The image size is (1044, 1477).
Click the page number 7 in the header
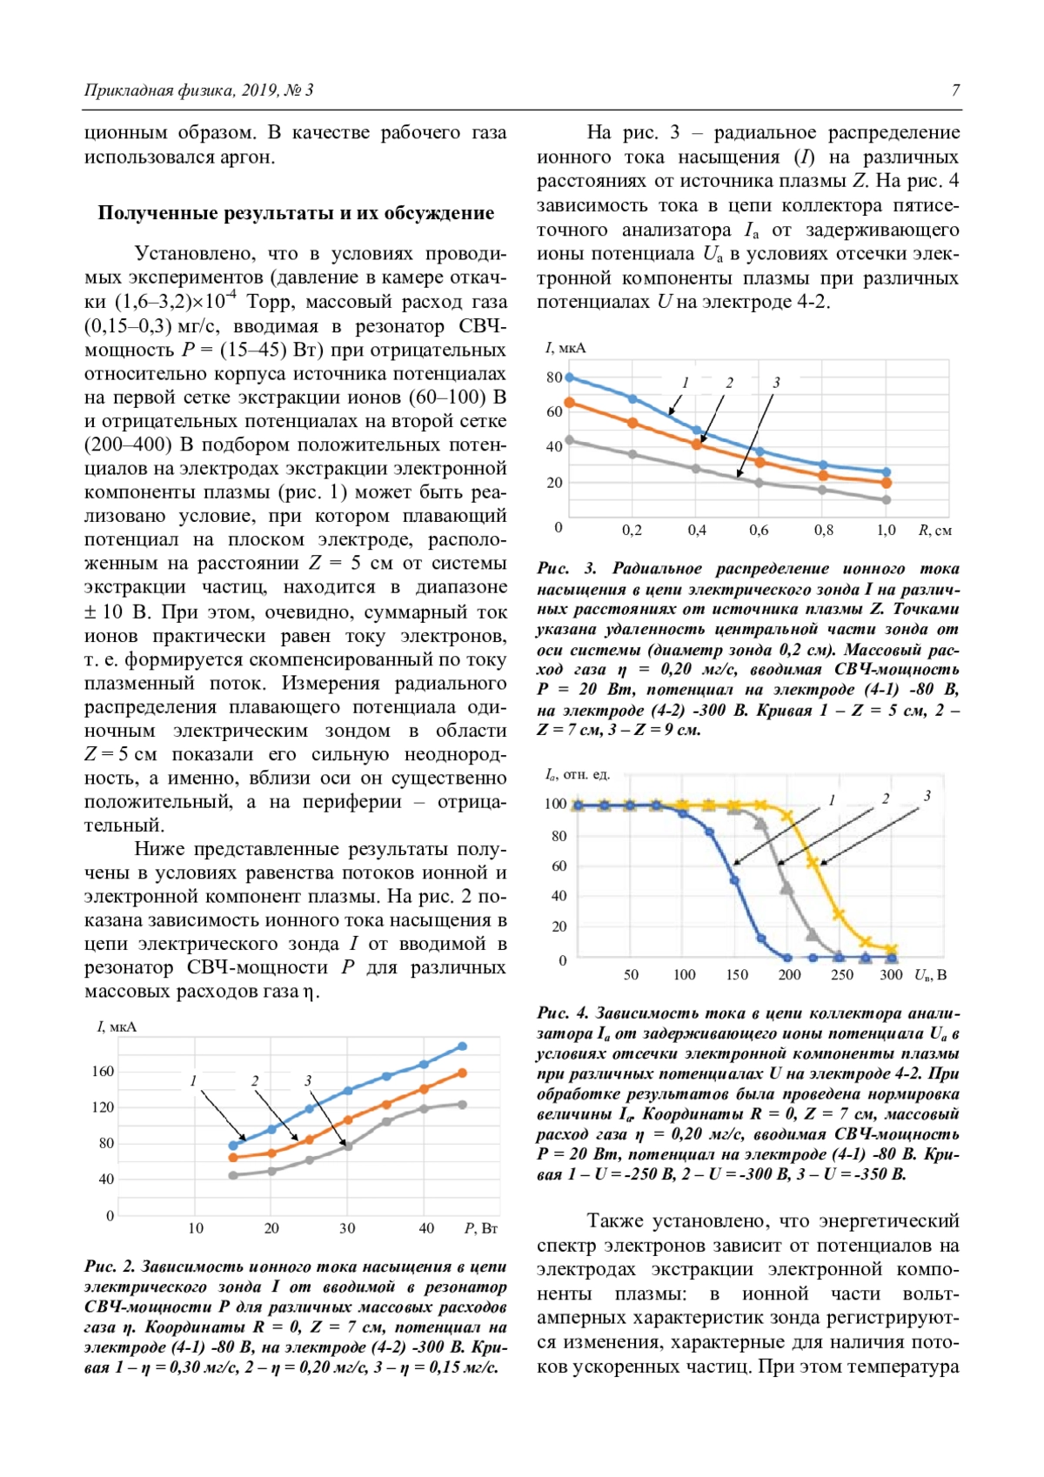click(956, 90)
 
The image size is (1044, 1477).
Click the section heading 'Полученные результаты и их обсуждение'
click(296, 213)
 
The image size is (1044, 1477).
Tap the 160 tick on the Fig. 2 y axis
click(103, 1071)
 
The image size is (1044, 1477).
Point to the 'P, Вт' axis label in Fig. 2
click(480, 1228)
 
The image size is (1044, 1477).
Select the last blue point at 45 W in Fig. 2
click(462, 1046)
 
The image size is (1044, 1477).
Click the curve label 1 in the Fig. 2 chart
click(193, 1081)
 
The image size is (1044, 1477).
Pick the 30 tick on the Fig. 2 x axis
click(347, 1228)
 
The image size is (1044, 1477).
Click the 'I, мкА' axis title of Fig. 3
click(565, 348)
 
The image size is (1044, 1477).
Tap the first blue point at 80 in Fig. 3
click(570, 378)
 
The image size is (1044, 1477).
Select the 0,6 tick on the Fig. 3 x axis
click(759, 530)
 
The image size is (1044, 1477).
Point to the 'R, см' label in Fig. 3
click(935, 530)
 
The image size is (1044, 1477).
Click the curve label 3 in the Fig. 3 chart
click(776, 382)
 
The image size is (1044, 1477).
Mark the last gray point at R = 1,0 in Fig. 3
click(887, 500)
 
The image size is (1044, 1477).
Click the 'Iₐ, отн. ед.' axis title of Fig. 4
click(577, 774)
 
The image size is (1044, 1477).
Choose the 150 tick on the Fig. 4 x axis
click(737, 974)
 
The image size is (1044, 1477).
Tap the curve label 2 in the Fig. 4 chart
click(886, 799)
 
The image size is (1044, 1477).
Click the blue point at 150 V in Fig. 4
click(734, 880)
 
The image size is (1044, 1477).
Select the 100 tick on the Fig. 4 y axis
click(555, 804)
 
